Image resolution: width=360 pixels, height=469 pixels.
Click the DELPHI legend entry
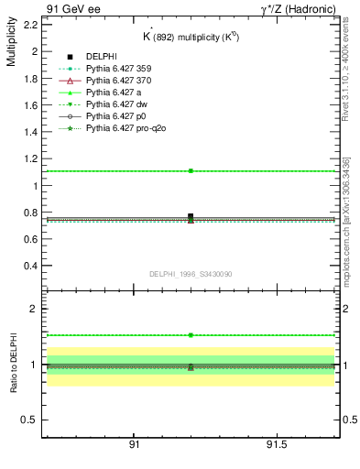[103, 57]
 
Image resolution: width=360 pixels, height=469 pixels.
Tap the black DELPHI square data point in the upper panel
[191, 216]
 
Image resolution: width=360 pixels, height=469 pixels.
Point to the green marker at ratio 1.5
[191, 335]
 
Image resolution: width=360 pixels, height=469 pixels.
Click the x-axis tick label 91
[134, 444]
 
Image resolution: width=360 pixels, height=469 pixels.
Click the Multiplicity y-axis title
[11, 45]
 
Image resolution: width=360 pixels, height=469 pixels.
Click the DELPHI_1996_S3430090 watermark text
[191, 274]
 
